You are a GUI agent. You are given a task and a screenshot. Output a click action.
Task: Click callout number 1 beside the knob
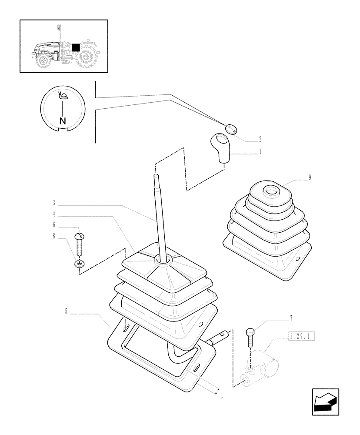[x=260, y=153]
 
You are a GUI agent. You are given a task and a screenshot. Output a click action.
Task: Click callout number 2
[x=260, y=140]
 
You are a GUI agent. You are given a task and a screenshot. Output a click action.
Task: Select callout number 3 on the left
[x=53, y=203]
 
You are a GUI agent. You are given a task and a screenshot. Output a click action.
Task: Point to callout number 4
[x=53, y=214]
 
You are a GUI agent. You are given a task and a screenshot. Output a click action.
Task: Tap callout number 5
[x=66, y=312]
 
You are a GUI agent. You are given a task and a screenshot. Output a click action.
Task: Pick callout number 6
[x=53, y=225]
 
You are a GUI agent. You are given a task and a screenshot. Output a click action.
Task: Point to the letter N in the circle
[x=63, y=121]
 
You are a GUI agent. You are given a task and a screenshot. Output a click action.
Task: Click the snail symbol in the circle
[x=63, y=96]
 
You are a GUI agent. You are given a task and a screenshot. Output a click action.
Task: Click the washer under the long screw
[x=79, y=264]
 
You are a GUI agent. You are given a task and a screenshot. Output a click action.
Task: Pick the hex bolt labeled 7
[x=249, y=336]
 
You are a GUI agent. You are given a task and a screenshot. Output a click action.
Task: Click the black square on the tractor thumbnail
[x=76, y=47]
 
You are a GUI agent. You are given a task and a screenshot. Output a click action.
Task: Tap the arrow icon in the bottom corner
[x=325, y=402]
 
